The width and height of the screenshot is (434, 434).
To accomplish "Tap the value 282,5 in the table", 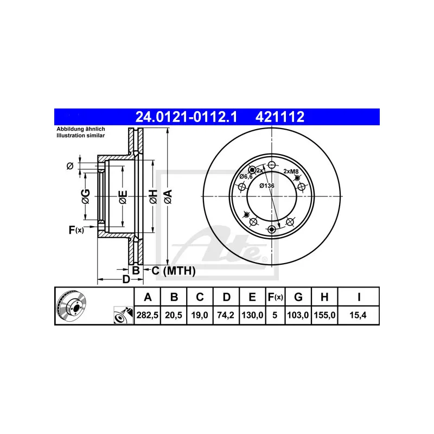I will [147, 314].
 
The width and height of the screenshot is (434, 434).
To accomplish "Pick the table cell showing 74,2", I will [227, 314].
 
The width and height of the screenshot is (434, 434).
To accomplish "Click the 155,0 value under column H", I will [324, 314].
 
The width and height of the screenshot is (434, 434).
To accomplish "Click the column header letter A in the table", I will [147, 297].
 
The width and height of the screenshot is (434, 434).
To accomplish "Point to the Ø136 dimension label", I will [266, 186].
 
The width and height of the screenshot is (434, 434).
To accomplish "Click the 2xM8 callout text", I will [291, 171].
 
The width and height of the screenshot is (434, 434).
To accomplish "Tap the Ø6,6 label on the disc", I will [246, 176].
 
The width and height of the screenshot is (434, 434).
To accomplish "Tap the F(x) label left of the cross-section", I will [76, 230].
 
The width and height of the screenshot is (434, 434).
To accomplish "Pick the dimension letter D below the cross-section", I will [125, 279].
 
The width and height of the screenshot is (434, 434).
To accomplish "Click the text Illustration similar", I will [81, 136].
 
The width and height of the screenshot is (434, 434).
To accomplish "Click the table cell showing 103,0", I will [298, 314].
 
